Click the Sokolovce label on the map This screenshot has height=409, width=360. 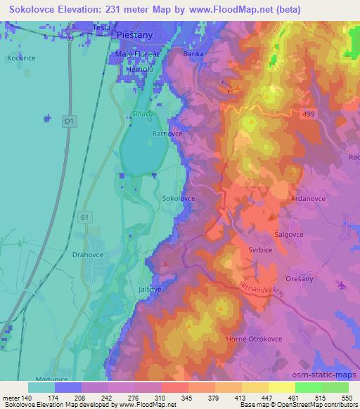[179, 199]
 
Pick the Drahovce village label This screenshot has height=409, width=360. [87, 256]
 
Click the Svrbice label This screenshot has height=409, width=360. [283, 247]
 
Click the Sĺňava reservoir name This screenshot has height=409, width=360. [140, 102]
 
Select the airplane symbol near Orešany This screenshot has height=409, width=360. [341, 285]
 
